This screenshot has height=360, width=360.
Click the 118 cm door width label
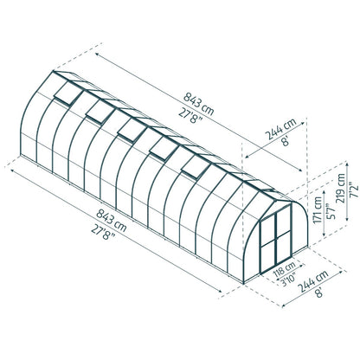point(284,268)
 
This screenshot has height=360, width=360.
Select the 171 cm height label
point(318,209)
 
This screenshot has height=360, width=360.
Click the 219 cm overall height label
point(340,188)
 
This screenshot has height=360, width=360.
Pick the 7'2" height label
point(354,190)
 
